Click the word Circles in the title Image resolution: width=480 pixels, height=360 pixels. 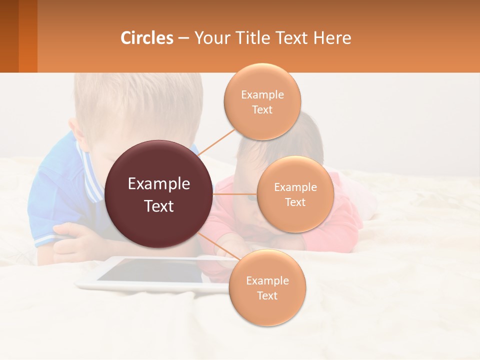coord(147,38)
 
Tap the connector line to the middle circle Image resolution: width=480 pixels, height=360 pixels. coord(235,194)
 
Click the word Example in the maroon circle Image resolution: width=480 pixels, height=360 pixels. coord(158,184)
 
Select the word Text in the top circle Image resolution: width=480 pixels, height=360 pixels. coord(262,110)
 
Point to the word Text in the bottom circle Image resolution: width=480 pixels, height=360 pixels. coord(267,296)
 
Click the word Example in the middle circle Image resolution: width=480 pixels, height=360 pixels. coord(295,187)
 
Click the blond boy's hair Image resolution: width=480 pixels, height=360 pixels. coord(135,100)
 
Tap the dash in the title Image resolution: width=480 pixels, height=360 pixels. coord(183,38)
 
